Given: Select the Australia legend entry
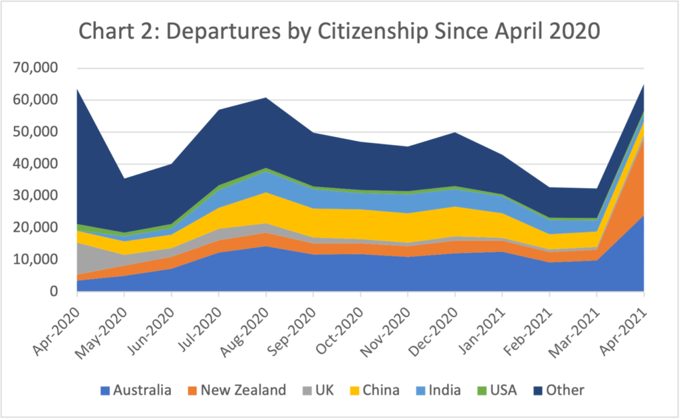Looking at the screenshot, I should pyautogui.click(x=136, y=390).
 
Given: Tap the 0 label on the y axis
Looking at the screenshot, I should pyautogui.click(x=55, y=291).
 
